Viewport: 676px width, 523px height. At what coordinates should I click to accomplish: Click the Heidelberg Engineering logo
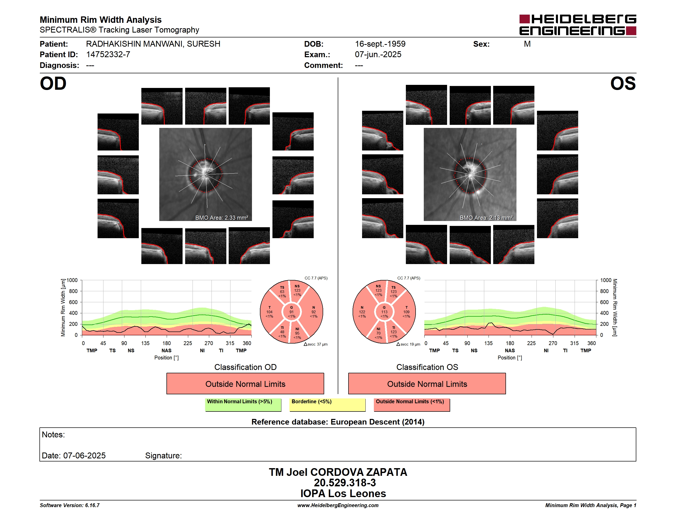coord(578,25)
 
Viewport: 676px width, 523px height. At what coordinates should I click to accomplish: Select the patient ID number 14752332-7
coord(108,55)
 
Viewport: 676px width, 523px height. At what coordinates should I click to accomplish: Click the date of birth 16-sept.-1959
coord(380,44)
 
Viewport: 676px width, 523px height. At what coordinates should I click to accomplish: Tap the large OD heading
coord(53,84)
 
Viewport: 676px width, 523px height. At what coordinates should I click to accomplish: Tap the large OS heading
coord(623,84)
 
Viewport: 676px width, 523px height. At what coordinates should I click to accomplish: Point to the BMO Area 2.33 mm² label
coord(221,218)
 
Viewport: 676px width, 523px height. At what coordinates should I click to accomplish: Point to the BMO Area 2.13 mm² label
coord(486,218)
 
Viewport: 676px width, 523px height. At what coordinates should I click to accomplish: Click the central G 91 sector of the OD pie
coord(292,312)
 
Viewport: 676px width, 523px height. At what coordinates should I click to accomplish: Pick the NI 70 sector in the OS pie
coord(378,333)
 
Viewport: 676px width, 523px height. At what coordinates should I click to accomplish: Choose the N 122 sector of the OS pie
coord(362,312)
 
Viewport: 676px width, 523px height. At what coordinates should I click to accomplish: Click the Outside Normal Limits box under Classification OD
coord(245,384)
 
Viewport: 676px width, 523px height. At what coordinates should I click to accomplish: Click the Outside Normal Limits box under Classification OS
coord(427,384)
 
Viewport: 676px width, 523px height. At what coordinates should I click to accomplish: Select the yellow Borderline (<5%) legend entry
coord(328,405)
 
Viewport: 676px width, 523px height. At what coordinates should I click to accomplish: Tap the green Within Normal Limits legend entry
coord(243,405)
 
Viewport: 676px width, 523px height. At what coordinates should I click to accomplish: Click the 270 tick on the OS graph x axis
coord(553,343)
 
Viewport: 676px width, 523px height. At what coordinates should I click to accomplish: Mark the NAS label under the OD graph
coord(166,350)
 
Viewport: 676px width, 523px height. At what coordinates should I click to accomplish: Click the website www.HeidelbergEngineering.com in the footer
coord(338,505)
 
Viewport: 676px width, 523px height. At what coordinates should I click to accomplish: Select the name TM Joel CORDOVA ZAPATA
coord(338,472)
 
